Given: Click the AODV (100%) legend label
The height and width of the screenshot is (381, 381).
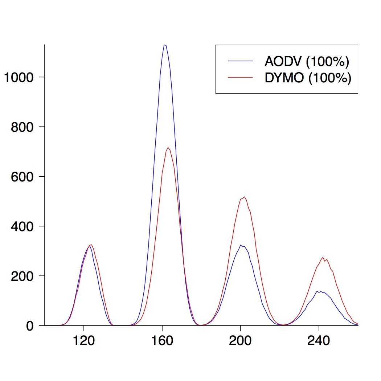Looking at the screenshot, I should [x=307, y=62].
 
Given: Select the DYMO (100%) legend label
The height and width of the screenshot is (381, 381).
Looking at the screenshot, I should [x=308, y=78].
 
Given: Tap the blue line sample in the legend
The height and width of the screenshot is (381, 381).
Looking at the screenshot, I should [x=240, y=61].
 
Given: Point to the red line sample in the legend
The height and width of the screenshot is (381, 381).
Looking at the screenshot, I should [x=240, y=77].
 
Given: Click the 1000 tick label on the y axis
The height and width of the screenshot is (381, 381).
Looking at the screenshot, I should [x=19, y=77].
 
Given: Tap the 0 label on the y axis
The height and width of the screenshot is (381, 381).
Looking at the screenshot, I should [x=30, y=326].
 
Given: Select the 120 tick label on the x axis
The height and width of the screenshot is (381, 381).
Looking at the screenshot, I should [x=83, y=342].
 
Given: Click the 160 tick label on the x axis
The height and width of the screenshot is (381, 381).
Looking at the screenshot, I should [x=162, y=342].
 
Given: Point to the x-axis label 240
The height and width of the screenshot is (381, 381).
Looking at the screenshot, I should [x=319, y=342].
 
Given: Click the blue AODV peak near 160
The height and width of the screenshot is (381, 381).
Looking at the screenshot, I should [x=165, y=45].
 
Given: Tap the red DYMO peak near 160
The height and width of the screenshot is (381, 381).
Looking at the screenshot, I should [x=168, y=148].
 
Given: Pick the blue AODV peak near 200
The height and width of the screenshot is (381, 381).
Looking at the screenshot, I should [x=241, y=245].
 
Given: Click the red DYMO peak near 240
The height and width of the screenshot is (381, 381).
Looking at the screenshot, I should [x=323, y=257].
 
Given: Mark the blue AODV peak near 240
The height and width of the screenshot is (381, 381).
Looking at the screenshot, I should [x=317, y=291].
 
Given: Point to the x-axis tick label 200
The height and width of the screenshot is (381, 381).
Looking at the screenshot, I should [x=241, y=342].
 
